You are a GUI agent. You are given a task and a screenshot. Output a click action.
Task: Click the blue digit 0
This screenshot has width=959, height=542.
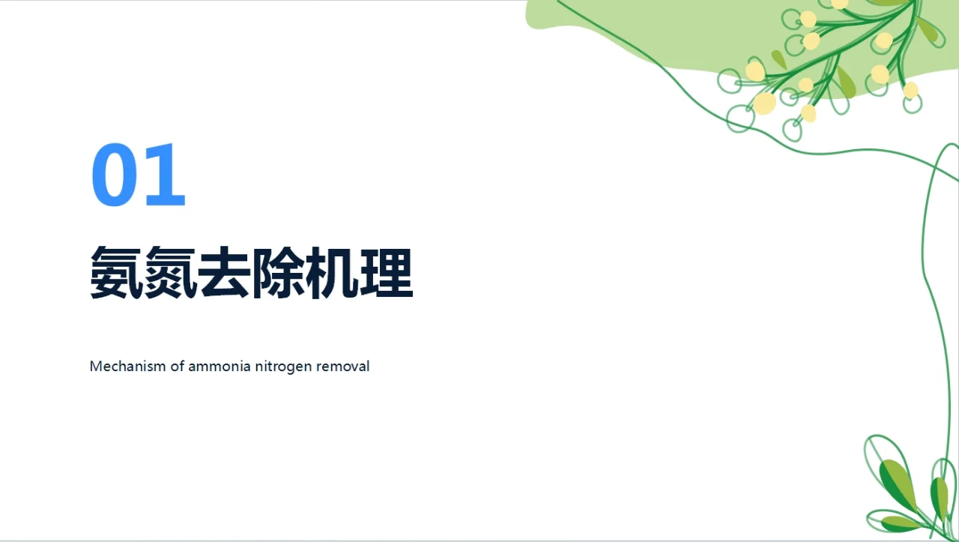click(115, 175)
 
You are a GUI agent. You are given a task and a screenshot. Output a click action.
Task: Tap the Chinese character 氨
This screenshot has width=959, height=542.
click(117, 272)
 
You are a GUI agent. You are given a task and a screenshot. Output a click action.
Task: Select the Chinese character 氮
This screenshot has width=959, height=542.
click(171, 272)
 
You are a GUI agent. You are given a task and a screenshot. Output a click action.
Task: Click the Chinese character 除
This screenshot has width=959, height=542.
click(279, 272)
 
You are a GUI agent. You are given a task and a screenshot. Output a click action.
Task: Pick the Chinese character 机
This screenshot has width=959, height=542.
click(333, 272)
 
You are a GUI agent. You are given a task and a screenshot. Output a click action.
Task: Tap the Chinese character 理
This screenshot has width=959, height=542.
click(387, 272)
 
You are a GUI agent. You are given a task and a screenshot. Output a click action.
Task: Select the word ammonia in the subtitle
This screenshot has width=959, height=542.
click(217, 367)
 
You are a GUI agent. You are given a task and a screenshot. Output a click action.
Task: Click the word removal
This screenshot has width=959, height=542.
click(344, 367)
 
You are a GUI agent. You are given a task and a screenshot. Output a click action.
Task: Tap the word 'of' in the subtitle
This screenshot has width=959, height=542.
click(177, 367)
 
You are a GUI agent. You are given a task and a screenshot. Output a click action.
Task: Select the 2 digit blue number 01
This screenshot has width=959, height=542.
click(139, 175)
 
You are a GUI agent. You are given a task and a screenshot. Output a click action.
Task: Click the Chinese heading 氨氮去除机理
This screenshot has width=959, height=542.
click(251, 272)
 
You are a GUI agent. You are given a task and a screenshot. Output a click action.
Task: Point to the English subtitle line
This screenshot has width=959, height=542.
click(229, 367)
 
